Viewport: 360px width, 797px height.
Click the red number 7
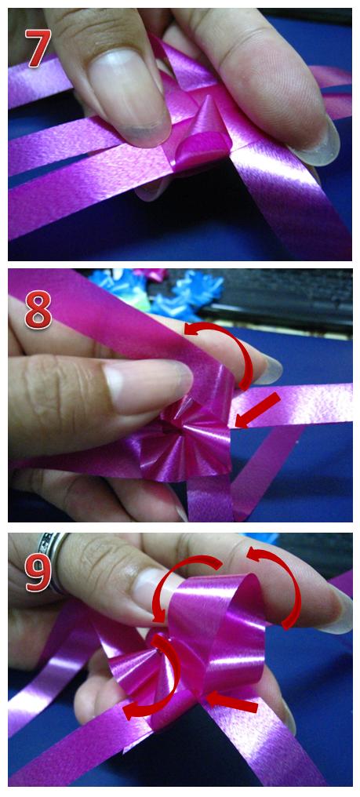tap(38, 49)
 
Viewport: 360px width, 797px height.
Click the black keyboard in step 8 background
tap(285, 300)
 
